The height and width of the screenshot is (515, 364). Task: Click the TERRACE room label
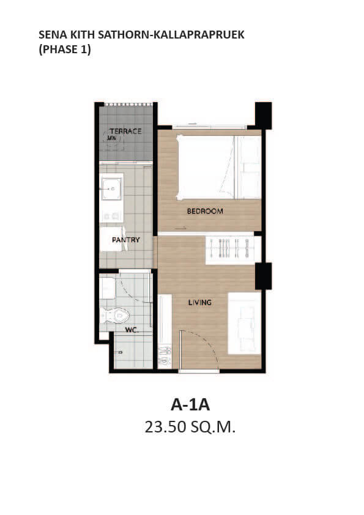[125, 131]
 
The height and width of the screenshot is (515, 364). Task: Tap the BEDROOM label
[205, 211]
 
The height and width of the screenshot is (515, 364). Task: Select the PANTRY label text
[126, 240]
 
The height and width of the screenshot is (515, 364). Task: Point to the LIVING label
[199, 302]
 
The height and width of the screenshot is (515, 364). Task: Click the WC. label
[132, 330]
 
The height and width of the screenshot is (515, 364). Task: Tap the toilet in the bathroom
[115, 316]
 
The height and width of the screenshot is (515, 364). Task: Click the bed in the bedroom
[218, 167]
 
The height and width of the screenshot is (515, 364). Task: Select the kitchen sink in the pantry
[112, 188]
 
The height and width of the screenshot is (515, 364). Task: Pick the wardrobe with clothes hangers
[230, 248]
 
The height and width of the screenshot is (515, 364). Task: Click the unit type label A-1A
[190, 405]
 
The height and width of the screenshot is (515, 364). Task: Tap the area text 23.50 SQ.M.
[190, 427]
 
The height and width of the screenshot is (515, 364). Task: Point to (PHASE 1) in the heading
[65, 50]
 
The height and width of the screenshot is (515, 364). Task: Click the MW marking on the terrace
[112, 138]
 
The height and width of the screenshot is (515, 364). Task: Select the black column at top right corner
[264, 116]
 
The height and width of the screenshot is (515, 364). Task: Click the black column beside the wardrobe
[264, 276]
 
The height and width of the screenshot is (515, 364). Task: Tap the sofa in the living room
[245, 324]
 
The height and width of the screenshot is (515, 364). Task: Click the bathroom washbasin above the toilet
[108, 288]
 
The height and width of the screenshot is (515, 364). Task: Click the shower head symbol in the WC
[120, 352]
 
